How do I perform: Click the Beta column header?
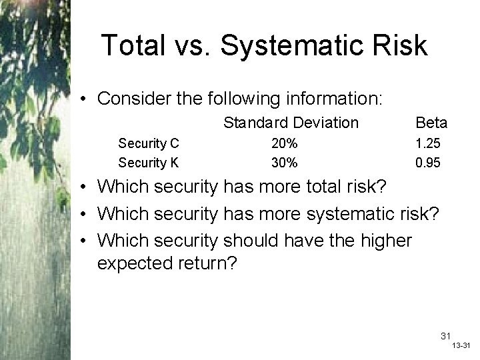click(431, 123)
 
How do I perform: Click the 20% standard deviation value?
click(284, 143)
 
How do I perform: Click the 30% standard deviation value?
click(284, 163)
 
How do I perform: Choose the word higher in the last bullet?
click(384, 239)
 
